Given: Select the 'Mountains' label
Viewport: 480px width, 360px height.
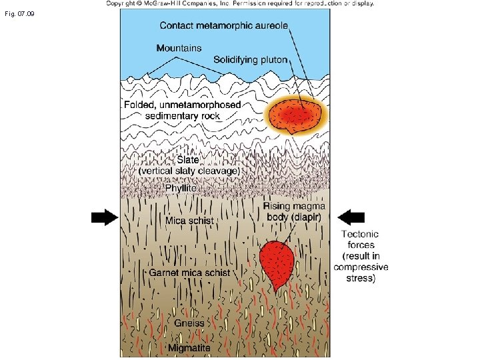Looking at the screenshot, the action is [x=179, y=48].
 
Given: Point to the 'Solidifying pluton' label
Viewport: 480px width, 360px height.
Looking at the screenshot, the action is [x=250, y=59].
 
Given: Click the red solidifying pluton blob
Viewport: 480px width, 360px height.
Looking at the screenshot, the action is [x=297, y=115].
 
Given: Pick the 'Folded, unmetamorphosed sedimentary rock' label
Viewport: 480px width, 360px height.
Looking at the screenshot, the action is [x=182, y=111].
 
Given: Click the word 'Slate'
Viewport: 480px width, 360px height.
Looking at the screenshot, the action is [x=191, y=161].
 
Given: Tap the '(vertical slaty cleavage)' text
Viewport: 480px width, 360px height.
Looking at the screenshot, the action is [x=189, y=171].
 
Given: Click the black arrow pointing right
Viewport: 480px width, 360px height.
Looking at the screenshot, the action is [x=103, y=217].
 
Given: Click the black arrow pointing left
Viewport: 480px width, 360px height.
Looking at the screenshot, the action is [x=351, y=217].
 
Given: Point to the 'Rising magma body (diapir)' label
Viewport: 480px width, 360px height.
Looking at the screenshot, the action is [x=293, y=211].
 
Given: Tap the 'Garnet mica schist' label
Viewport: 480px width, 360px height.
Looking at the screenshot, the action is [x=189, y=273].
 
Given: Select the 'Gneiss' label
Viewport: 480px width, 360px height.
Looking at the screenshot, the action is [x=189, y=323].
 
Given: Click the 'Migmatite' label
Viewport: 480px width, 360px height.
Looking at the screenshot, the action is [x=189, y=348].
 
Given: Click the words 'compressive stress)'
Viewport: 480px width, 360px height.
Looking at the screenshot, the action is [x=361, y=273].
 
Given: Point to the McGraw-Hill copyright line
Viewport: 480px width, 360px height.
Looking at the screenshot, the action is [x=240, y=3].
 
